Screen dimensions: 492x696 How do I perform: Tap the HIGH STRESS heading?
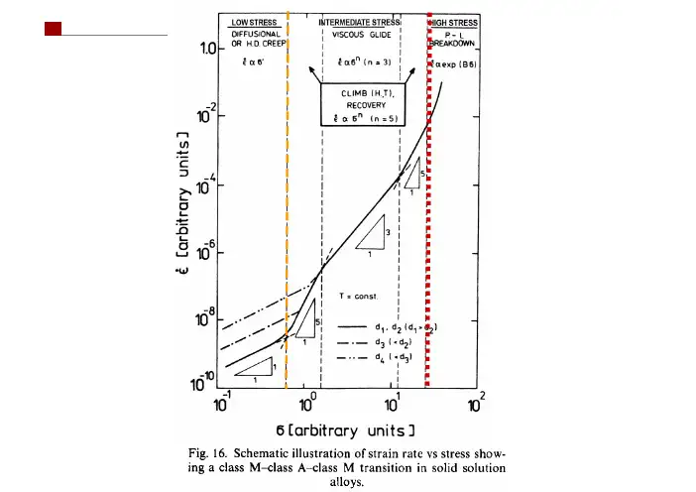tap(454, 21)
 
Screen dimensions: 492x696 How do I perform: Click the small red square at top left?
tap(54, 29)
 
